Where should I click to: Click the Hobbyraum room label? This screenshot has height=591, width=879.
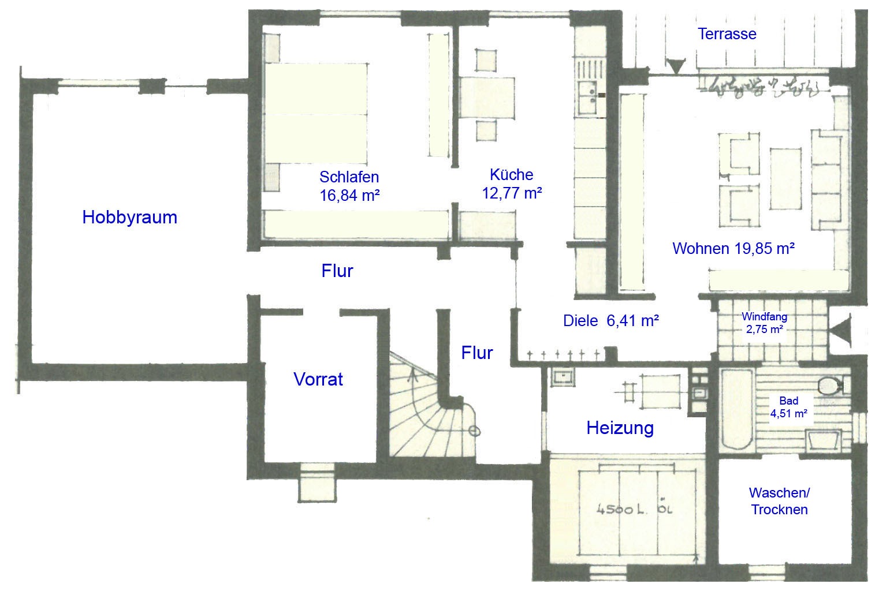[x=129, y=217]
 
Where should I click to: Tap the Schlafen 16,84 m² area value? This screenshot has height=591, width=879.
[x=349, y=195]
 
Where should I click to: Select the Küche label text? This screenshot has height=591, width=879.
[x=511, y=174]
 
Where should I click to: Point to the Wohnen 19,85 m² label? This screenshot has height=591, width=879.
[x=733, y=248]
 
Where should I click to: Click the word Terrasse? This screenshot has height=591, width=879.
[x=727, y=33]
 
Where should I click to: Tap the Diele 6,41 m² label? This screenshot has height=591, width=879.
[x=610, y=321]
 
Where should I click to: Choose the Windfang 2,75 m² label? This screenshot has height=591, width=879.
[x=765, y=323]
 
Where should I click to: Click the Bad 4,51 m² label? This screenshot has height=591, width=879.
[x=788, y=407]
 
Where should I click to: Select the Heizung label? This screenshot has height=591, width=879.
[x=620, y=428]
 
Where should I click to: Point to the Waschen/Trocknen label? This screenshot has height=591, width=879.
[x=779, y=501]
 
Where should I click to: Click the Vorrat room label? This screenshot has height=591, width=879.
[x=318, y=379]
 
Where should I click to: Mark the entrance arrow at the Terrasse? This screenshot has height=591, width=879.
[x=676, y=66]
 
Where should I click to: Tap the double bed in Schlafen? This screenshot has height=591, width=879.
[x=316, y=113]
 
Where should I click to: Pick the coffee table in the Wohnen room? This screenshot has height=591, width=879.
[x=785, y=179]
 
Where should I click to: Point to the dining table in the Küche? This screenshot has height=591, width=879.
[x=487, y=98]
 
